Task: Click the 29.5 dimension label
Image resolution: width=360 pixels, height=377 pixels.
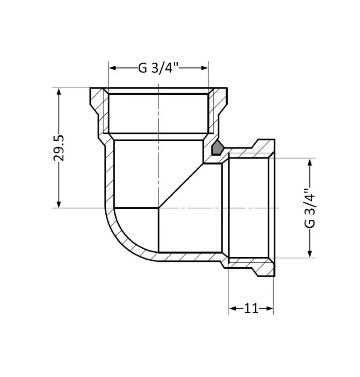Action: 59,148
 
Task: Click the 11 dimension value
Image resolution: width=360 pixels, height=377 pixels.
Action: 251,308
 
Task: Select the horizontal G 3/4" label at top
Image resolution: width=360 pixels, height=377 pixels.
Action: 159,68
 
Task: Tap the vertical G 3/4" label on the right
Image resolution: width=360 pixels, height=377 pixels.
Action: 309,208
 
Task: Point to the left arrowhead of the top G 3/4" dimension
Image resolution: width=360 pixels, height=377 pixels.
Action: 113,68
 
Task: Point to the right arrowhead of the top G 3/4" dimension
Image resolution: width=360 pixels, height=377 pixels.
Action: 204,68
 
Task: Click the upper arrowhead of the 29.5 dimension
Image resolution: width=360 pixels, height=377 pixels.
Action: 59,91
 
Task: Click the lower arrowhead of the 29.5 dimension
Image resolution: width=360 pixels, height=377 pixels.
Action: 59,204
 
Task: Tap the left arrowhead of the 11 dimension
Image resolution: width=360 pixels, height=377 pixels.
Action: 233,308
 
